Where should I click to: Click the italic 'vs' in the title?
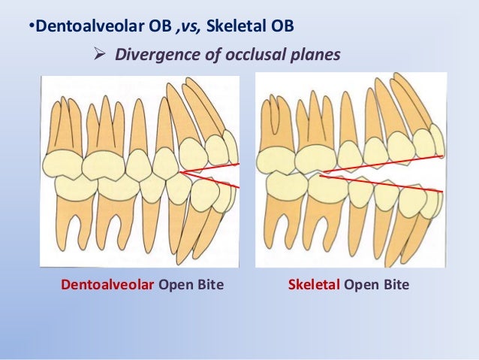click(x=188, y=28)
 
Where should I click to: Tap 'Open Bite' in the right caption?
click(x=377, y=286)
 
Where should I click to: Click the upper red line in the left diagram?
click(x=214, y=167)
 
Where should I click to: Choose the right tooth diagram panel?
click(x=351, y=170)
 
